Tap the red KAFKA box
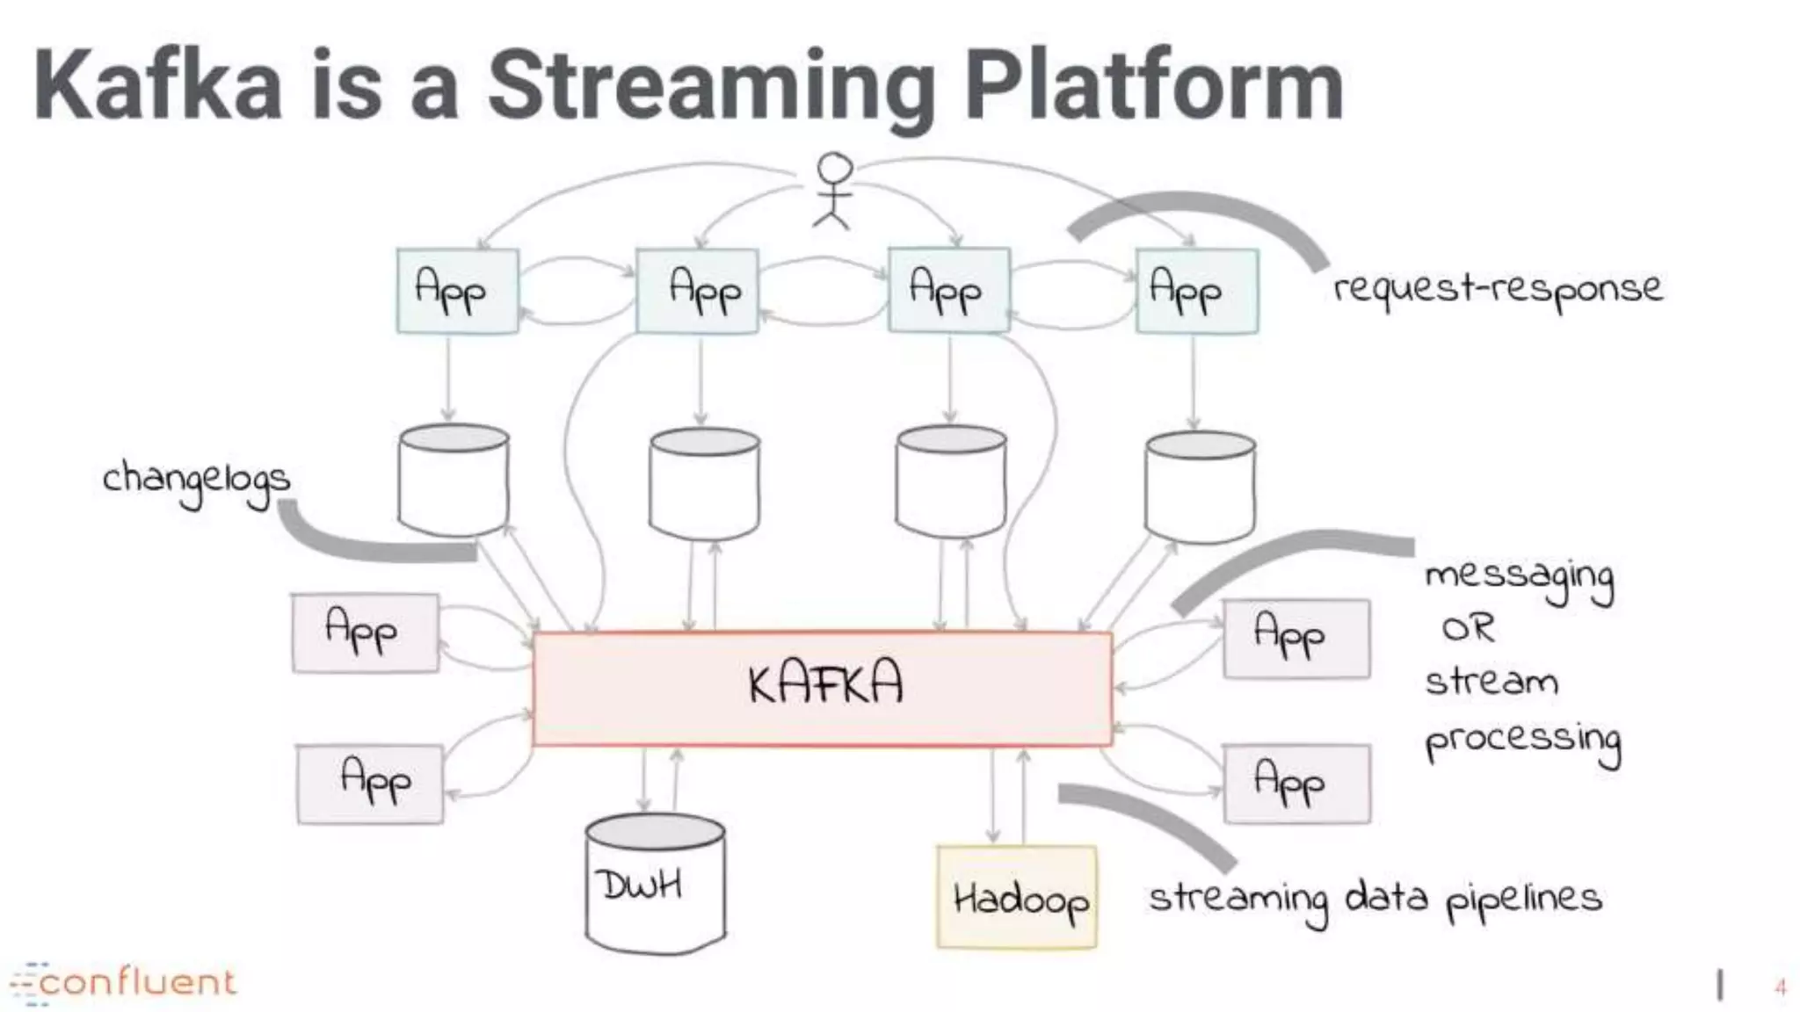click(x=823, y=688)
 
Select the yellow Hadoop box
click(x=1017, y=897)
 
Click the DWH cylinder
click(x=655, y=885)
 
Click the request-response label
click(x=1497, y=289)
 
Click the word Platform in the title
click(x=1153, y=86)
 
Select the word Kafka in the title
click(x=158, y=86)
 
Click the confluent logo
click(x=123, y=982)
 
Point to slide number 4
click(x=1780, y=987)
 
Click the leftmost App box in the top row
click(x=457, y=291)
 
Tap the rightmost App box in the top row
click(x=1196, y=291)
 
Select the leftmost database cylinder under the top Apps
click(x=454, y=481)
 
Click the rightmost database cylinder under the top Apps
click(x=1201, y=486)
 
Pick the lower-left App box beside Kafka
click(x=370, y=784)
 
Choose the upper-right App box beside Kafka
click(x=1296, y=639)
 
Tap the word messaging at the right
click(x=1519, y=580)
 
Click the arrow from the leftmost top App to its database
click(x=448, y=378)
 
